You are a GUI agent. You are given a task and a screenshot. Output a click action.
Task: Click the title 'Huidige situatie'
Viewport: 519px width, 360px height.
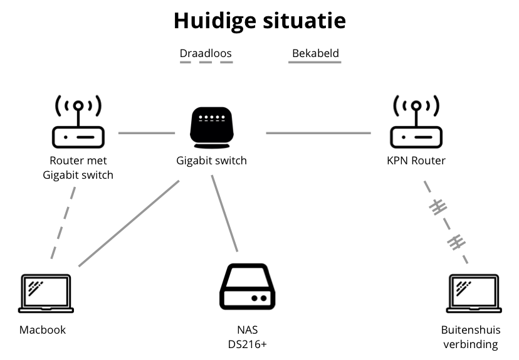259,21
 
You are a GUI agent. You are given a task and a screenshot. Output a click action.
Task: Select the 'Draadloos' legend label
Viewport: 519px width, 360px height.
206,53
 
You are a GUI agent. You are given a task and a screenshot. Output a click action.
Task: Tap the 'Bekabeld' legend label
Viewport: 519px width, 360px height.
315,53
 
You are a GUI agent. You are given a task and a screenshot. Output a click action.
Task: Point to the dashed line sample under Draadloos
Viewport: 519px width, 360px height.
206,63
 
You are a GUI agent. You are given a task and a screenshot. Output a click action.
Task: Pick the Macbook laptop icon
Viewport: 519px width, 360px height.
46,294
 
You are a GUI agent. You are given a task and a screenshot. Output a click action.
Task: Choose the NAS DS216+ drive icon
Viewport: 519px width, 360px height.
247,289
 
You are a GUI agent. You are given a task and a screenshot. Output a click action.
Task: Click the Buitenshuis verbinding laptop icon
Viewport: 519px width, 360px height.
474,294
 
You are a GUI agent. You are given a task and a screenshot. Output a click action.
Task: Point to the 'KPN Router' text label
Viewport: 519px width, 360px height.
416,161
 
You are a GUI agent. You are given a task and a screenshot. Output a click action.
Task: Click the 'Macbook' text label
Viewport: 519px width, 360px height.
43,330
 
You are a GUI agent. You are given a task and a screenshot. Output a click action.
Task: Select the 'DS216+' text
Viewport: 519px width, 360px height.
247,344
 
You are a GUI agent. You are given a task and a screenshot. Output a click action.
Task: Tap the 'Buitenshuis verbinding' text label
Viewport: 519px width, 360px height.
470,337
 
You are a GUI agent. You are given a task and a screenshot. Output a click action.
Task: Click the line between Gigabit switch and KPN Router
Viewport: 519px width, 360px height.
318,133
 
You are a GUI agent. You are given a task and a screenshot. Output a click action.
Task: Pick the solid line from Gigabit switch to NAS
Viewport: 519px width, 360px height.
225,213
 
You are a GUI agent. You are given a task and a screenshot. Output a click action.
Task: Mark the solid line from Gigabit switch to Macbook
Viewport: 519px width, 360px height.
128,223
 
